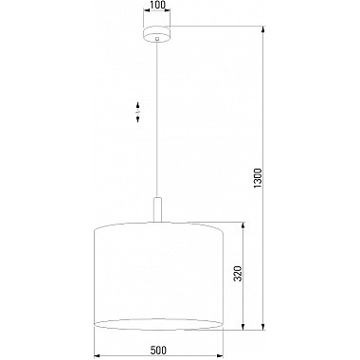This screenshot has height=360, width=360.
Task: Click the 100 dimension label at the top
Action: point(157,8)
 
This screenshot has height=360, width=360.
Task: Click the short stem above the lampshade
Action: point(157,209)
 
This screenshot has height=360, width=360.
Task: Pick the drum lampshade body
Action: point(157,275)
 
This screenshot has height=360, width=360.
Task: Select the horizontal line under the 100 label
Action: point(157,15)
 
